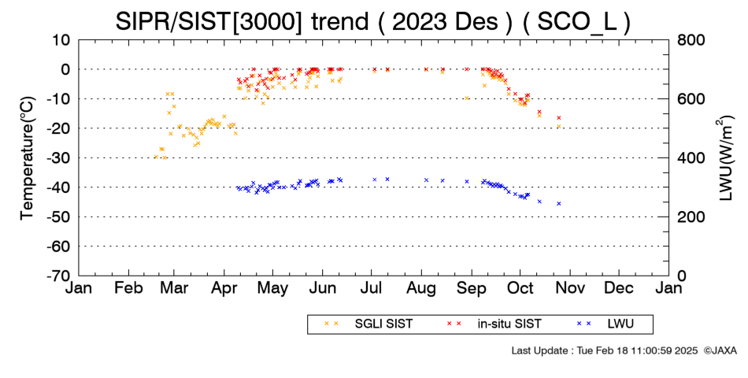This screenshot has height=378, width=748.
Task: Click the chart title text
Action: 372,20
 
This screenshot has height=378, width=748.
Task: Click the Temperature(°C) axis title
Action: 28,157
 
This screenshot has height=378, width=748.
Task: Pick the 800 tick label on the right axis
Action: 691,39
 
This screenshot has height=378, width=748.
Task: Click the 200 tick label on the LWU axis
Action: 691,217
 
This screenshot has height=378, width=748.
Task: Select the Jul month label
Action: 371,288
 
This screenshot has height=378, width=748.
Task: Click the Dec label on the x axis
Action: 619,288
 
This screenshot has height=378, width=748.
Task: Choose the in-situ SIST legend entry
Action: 494,324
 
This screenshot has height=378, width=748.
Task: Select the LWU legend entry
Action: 605,324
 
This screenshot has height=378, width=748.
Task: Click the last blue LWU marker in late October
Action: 558,203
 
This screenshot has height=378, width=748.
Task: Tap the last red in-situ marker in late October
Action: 558,117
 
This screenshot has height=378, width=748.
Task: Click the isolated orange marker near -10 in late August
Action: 467,98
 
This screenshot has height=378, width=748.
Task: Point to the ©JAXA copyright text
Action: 720,350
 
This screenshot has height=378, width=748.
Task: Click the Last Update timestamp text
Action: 605,350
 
